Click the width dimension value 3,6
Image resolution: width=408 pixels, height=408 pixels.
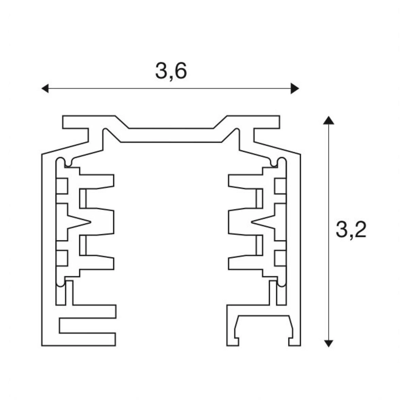click(171, 71)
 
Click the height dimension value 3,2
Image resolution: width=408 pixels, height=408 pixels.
click(351, 230)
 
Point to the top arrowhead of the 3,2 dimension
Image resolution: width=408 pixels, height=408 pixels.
click(327, 121)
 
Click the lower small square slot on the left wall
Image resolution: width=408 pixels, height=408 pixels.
click(63, 258)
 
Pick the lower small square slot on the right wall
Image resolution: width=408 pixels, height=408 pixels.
click(279, 258)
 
